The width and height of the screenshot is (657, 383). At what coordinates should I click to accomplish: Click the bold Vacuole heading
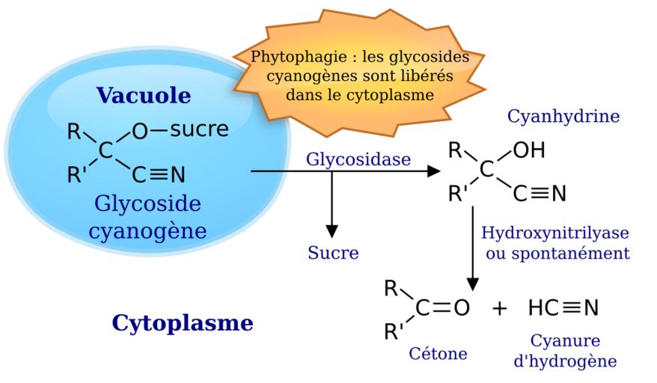point(143,96)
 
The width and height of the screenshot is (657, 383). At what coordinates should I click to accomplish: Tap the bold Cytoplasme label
point(183,323)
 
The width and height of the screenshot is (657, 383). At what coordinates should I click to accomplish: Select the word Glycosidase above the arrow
point(358,160)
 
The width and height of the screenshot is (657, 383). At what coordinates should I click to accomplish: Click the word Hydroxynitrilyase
point(554,233)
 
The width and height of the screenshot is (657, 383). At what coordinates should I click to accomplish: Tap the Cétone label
point(438,352)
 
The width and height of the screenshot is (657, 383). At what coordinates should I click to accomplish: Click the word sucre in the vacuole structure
point(199,129)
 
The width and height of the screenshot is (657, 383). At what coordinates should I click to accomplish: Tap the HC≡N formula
point(563,307)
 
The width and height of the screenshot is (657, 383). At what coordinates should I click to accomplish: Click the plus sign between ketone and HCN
point(499,308)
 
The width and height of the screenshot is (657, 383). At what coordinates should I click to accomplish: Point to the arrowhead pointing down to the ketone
point(472,284)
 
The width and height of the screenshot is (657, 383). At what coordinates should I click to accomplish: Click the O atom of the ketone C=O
point(461,308)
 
